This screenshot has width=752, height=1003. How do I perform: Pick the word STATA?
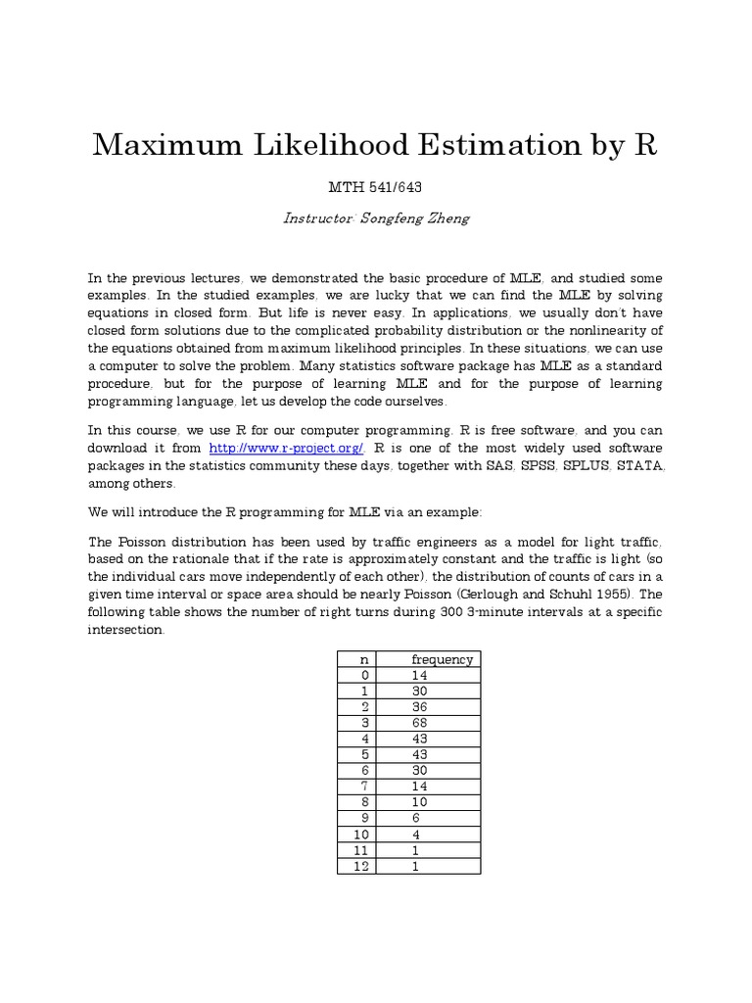click(x=639, y=465)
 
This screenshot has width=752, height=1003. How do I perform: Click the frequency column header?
click(x=442, y=659)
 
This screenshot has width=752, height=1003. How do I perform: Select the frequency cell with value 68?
click(x=421, y=722)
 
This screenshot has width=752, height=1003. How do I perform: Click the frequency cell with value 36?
click(x=421, y=706)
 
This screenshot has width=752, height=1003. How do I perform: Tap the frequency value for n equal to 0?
click(x=421, y=675)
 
